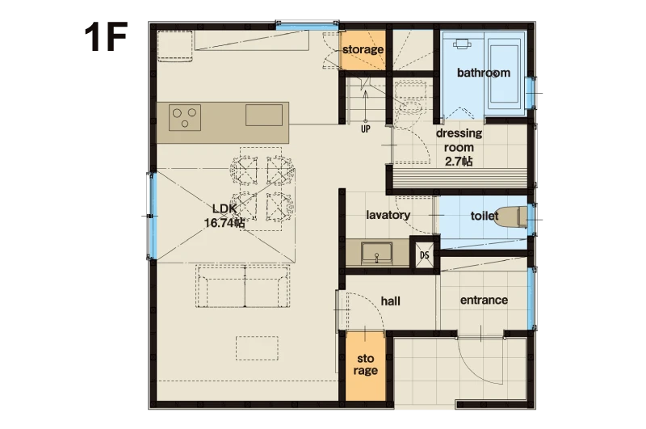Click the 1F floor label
106,37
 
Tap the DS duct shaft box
425,255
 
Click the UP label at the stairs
366,129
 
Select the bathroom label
484,73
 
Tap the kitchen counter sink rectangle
264,115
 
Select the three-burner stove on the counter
185,117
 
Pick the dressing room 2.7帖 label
459,147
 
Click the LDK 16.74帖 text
224,216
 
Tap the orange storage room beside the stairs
363,50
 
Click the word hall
391,301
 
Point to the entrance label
484,300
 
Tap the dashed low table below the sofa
257,348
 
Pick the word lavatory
388,215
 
